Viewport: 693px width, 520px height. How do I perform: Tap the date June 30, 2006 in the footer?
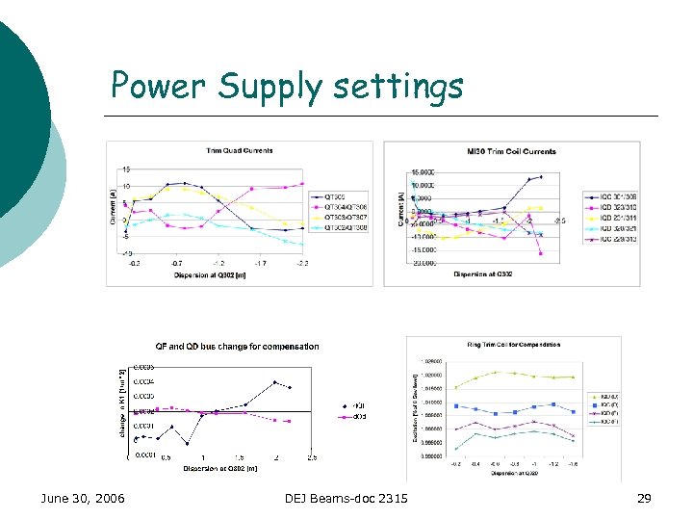click(83, 498)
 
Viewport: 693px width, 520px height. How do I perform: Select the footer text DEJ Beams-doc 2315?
click(346, 498)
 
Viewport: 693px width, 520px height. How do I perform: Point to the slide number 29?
click(644, 498)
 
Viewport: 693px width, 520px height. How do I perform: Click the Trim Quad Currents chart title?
click(239, 151)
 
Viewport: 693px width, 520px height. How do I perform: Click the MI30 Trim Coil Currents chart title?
click(511, 151)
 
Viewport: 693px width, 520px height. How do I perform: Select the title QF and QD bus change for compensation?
click(237, 347)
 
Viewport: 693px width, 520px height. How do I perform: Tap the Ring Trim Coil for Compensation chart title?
click(514, 344)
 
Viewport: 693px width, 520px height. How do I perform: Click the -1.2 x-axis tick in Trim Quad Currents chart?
click(218, 262)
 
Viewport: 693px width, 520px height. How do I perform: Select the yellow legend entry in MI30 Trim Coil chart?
click(610, 218)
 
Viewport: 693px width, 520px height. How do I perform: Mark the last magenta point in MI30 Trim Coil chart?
click(541, 253)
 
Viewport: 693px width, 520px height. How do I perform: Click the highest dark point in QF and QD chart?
click(275, 382)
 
